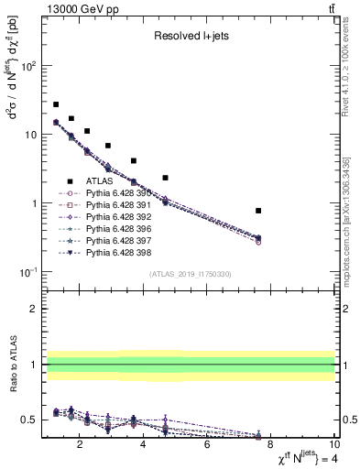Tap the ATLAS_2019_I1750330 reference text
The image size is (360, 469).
tap(190, 275)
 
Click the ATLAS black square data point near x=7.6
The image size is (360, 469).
tap(258, 211)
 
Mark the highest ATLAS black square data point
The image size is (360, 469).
tap(56, 104)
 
